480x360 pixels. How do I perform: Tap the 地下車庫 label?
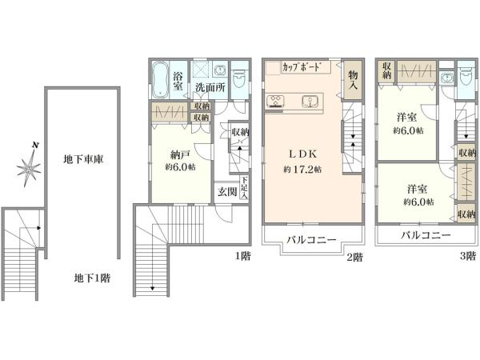pos(83,159)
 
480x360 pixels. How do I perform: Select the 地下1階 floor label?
pos(92,278)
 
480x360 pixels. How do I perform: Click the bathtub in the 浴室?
pos(159,79)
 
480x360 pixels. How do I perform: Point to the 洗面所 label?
pos(210,87)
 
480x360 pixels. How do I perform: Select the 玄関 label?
pos(227,192)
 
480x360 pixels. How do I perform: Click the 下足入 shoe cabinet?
pos(244,187)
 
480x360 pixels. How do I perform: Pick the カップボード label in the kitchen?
pos(302,67)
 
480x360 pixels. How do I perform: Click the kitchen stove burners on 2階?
pos(275,101)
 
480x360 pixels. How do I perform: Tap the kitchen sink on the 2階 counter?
pos(310,101)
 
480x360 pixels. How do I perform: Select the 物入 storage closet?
pos(352,80)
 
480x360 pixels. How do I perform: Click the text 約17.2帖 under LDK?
pos(302,170)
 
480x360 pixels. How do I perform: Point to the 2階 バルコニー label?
pos(311,240)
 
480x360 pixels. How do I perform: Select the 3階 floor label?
pos(468,256)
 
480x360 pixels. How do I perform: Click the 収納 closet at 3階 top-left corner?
pos(386,71)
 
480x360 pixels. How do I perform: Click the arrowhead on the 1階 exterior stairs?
pos(152,288)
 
